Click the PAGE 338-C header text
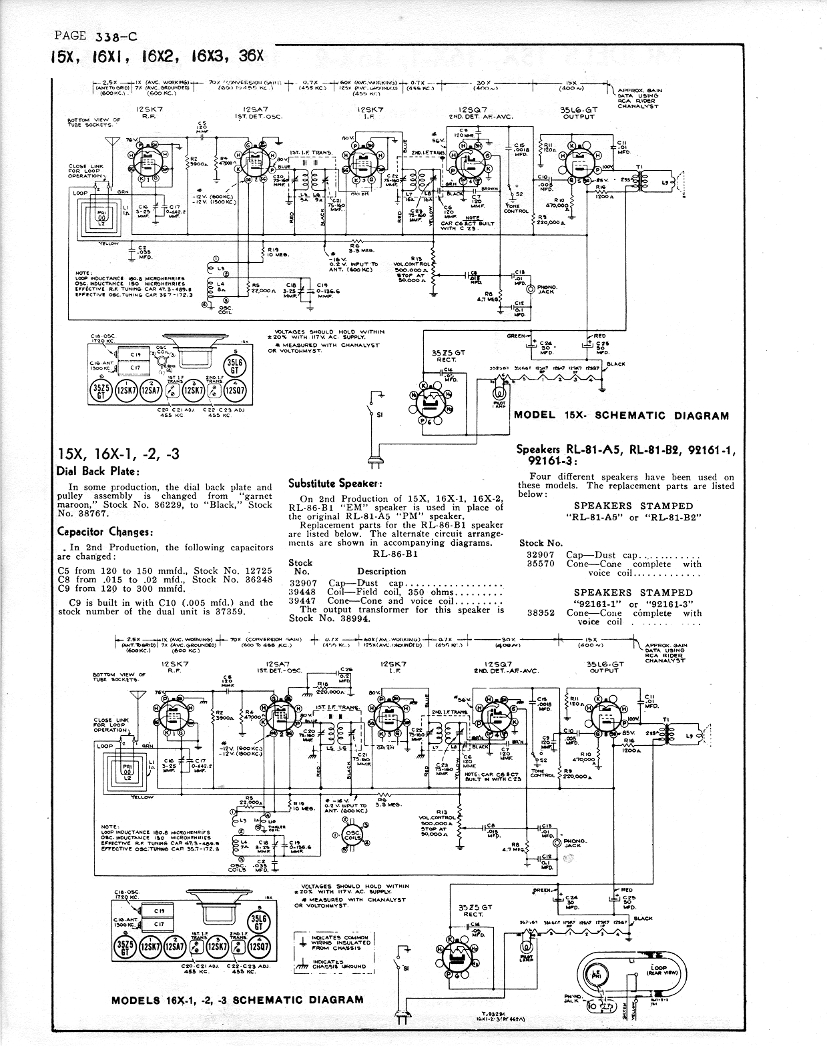[96, 36]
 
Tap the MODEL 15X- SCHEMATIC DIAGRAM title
[621, 416]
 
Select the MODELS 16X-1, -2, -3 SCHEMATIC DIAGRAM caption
[237, 999]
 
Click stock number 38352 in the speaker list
[541, 612]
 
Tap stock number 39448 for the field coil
[302, 592]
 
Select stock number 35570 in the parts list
[541, 564]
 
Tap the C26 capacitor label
[346, 669]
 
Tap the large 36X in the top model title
[251, 56]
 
